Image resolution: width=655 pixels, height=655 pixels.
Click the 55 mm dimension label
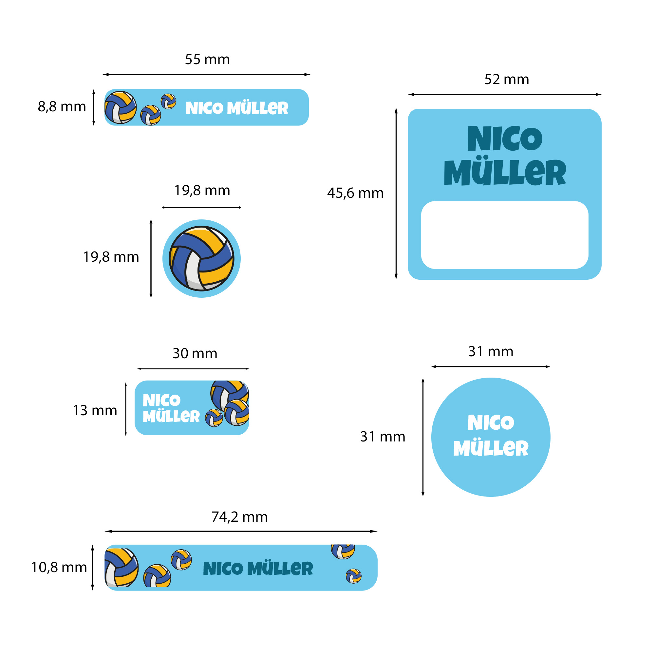[x=207, y=60]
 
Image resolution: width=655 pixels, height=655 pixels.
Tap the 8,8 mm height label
[x=62, y=107]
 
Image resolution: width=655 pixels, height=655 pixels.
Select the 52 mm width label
[x=507, y=80]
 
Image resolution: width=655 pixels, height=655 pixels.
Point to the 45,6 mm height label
[x=355, y=193]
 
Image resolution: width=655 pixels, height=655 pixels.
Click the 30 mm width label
[x=195, y=354]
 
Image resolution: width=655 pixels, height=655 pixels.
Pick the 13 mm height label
[x=95, y=411]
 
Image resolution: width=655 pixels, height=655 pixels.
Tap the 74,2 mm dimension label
[x=240, y=517]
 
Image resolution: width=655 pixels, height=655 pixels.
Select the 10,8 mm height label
[x=59, y=568]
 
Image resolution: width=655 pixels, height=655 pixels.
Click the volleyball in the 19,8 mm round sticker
[x=201, y=258]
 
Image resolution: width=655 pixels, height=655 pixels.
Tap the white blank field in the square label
[x=504, y=235]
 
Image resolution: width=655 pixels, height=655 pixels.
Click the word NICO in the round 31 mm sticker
[x=491, y=422]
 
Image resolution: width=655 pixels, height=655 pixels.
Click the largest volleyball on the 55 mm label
[x=120, y=107]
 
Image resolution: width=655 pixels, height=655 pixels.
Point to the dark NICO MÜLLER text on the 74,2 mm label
[x=258, y=569]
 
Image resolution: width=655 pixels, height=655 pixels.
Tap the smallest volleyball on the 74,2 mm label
[x=353, y=576]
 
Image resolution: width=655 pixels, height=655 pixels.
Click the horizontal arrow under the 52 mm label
[x=504, y=95]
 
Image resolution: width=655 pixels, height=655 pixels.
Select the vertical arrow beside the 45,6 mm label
[x=396, y=194]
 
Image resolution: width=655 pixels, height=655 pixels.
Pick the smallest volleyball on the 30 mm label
[x=214, y=418]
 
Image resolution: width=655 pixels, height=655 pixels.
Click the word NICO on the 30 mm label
[x=161, y=401]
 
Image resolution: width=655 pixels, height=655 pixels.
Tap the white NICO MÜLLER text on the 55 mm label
[x=237, y=108]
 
